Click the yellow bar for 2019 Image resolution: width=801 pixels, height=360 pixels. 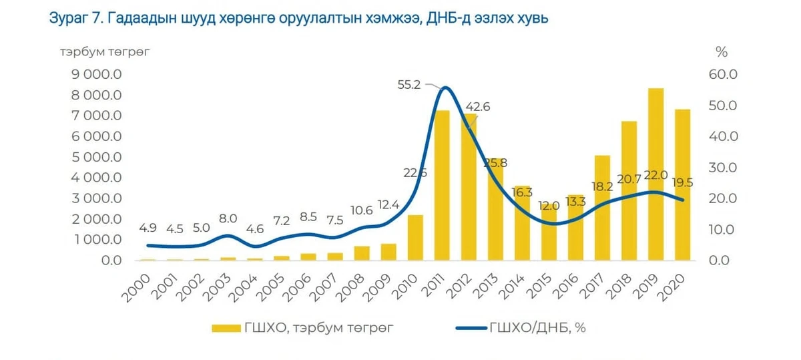655,174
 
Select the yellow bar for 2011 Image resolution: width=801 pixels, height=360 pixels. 442,186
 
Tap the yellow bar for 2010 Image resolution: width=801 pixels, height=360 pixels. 415,238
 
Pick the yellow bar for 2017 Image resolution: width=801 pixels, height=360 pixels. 603,208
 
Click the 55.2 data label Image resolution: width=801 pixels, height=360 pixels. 409,85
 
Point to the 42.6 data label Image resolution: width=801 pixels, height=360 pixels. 478,107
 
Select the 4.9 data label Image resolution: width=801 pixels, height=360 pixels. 148,228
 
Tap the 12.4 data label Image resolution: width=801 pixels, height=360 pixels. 388,204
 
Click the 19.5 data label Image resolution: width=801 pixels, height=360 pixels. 683,183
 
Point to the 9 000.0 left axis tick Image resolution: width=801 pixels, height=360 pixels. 97,74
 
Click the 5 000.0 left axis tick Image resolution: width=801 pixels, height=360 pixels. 97,157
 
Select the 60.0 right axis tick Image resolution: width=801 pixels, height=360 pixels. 723,74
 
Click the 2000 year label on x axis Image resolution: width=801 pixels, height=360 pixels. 136,289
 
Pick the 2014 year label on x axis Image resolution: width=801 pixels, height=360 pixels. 511,287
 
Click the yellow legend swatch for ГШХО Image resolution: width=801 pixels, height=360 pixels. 226,328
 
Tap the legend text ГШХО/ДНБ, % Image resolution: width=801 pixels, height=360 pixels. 537,327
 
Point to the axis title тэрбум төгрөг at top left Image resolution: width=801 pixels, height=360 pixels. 104,52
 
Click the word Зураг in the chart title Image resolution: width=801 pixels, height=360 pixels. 69,18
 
